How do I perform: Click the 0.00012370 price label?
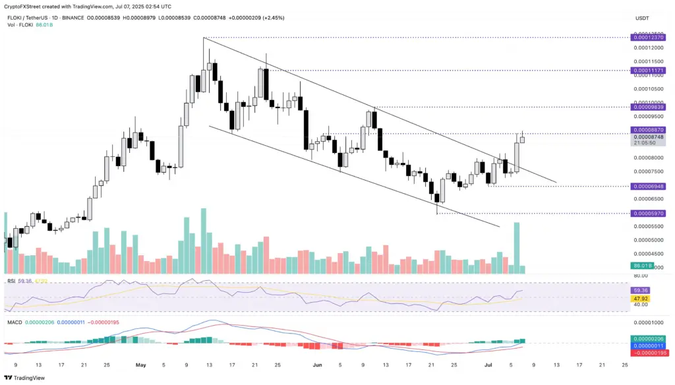648,38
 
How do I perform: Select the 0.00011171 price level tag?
648,70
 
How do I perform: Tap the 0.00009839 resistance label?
648,107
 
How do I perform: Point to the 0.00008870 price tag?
648,130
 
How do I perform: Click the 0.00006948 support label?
648,187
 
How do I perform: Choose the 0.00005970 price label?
648,214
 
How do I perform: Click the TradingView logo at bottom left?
25,378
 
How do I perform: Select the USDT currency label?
642,18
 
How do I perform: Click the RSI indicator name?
11,281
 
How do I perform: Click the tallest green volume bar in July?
517,248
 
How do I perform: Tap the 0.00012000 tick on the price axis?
647,47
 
